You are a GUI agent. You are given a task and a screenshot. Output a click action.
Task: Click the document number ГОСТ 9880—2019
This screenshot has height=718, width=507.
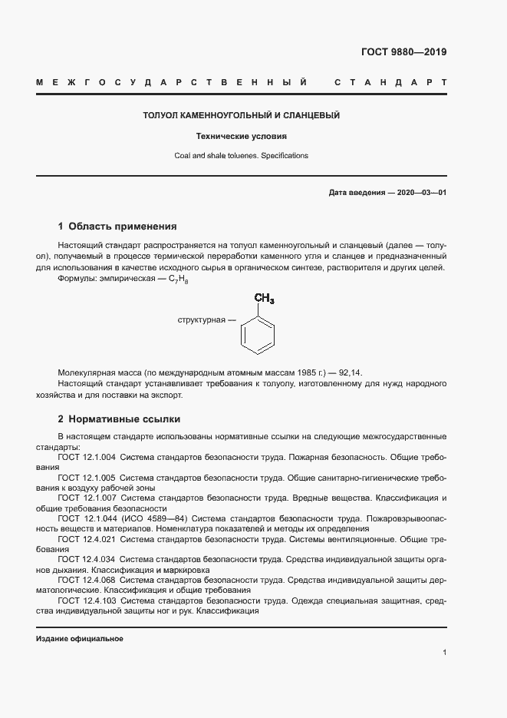point(403,52)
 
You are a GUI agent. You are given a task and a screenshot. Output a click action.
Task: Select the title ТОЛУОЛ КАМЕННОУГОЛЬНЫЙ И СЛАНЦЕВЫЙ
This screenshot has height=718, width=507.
point(242,116)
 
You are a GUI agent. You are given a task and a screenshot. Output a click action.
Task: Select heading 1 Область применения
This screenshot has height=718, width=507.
point(117,227)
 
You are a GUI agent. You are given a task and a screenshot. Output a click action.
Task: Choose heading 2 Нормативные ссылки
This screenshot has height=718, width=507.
point(119,419)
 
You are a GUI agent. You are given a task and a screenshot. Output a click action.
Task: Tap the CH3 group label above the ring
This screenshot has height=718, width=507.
point(264,299)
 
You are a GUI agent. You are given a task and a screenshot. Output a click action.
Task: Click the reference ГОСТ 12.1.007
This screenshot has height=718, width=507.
point(87,498)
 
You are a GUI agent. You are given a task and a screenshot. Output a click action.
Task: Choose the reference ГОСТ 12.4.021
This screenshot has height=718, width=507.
point(87,540)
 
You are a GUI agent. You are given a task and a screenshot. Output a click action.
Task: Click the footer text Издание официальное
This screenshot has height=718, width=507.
point(80,639)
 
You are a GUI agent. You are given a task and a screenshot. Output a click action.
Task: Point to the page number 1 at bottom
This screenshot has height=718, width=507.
point(444,653)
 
